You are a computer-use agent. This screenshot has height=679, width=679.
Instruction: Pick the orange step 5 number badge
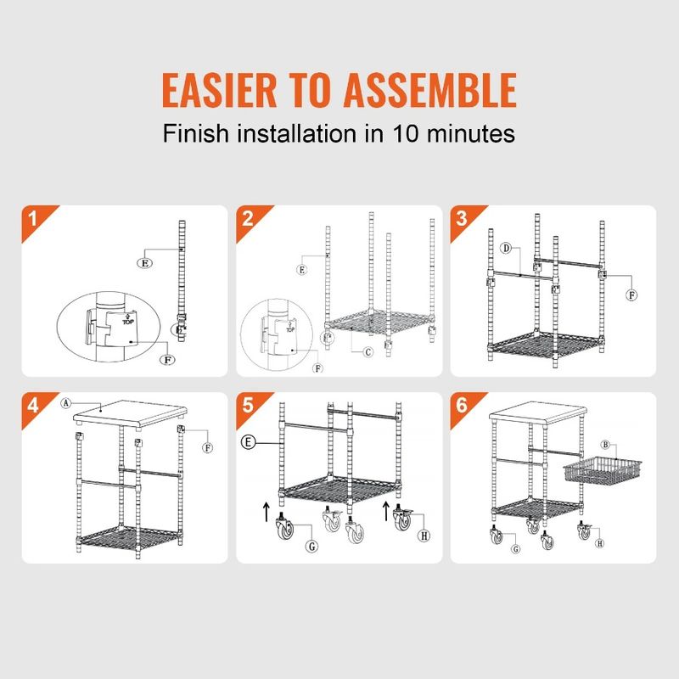247,405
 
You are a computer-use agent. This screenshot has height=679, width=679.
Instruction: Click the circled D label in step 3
505,249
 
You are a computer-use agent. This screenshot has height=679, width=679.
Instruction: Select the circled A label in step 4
65,404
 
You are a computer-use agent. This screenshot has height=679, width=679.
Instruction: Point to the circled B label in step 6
606,444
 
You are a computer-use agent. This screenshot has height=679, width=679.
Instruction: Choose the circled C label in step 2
367,352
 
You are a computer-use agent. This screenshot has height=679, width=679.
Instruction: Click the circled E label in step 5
246,442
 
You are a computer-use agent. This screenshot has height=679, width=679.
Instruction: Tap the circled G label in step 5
311,547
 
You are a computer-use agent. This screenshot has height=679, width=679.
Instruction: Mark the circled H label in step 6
600,543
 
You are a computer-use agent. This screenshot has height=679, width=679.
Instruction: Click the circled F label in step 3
631,295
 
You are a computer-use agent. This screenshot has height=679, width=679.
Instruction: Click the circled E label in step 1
145,264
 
